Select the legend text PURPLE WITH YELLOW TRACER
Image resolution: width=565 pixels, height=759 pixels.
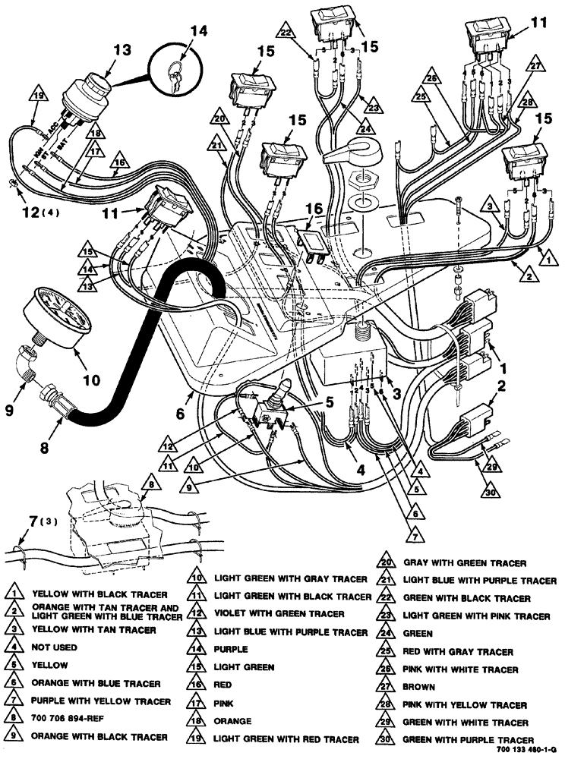101,701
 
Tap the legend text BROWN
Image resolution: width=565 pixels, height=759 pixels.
418,687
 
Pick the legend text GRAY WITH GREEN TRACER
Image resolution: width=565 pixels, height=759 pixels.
464,563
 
